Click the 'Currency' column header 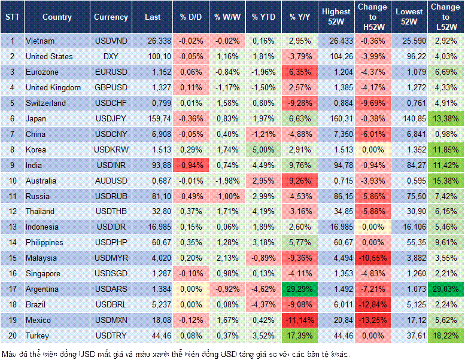pyautogui.click(x=111, y=17)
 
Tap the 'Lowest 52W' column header pyautogui.click(x=409, y=17)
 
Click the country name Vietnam pyautogui.click(x=40, y=41)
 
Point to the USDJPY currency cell pyautogui.click(x=111, y=118)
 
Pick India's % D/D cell pyautogui.click(x=190, y=165)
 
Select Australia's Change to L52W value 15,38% pyautogui.click(x=445, y=181)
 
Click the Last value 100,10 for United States pyautogui.click(x=153, y=56)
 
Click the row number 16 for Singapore pyautogui.click(x=11, y=273)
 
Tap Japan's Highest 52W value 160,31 pyautogui.click(x=336, y=118)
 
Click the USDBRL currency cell pyautogui.click(x=111, y=304)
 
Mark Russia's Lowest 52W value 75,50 pyautogui.click(x=409, y=196)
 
